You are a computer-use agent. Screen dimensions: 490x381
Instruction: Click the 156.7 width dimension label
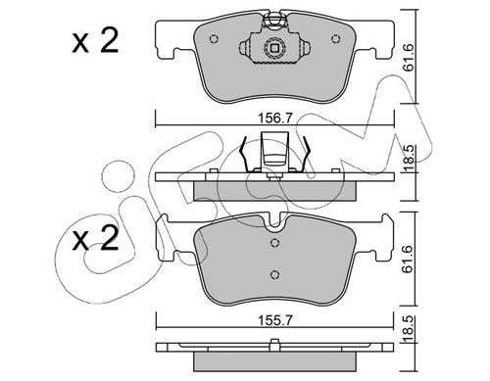(274, 119)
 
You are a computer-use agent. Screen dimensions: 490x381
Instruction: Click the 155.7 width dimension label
(274, 320)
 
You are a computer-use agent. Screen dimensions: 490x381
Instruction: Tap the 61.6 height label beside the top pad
(409, 57)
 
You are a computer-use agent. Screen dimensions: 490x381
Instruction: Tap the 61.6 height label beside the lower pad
(409, 260)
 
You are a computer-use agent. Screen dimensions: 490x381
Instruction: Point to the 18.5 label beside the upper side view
(409, 159)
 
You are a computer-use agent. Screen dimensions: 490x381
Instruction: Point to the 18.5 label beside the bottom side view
(409, 329)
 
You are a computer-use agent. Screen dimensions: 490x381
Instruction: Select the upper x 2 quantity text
(95, 41)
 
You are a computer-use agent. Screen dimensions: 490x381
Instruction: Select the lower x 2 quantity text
(95, 238)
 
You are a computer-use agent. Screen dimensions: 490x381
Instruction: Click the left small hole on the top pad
(214, 39)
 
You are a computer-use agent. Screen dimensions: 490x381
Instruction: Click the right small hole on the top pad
(336, 39)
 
